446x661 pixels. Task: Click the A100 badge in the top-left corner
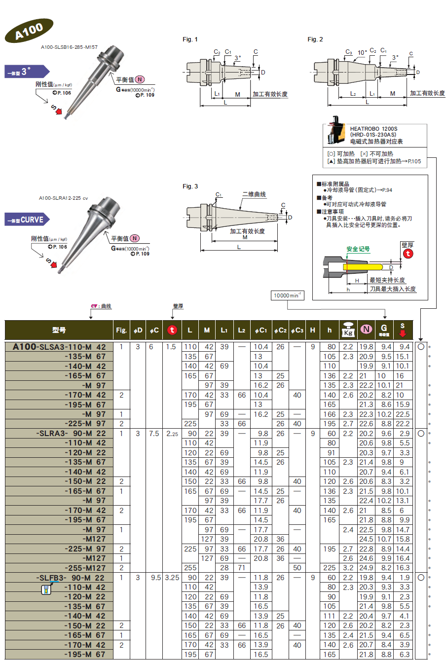(x=29, y=31)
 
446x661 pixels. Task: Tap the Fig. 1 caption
(x=190, y=39)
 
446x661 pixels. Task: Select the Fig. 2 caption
(x=315, y=39)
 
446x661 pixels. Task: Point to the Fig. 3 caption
(x=190, y=186)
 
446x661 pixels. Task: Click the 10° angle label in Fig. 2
(x=362, y=53)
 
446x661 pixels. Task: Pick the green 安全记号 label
(x=358, y=249)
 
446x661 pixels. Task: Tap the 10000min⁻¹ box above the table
(x=288, y=295)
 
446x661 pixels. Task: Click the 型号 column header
(x=59, y=330)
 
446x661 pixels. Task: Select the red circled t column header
(x=172, y=330)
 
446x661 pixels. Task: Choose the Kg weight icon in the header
(x=348, y=330)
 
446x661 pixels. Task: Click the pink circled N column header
(x=366, y=330)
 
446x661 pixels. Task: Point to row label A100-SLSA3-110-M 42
(x=59, y=347)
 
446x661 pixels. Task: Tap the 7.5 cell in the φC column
(x=154, y=434)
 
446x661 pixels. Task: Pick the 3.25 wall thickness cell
(x=172, y=578)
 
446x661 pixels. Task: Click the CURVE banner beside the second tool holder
(x=27, y=220)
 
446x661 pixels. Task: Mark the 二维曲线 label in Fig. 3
(x=254, y=195)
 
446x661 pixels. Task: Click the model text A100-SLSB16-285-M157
(x=69, y=47)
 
